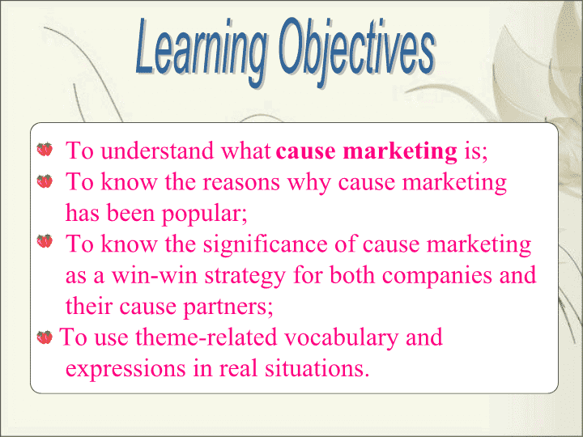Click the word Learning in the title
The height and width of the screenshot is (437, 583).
[202, 52]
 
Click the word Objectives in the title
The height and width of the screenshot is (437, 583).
[357, 52]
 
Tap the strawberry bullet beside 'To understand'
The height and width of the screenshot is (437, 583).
[45, 150]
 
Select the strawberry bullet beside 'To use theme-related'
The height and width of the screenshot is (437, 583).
[45, 337]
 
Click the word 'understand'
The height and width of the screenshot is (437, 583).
[157, 151]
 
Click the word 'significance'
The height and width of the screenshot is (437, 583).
[265, 245]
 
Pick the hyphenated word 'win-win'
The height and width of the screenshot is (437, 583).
[155, 276]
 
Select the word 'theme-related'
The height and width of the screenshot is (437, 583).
[206, 337]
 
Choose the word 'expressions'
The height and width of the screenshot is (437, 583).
[126, 370]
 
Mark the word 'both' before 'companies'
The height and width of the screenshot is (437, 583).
[352, 276]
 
